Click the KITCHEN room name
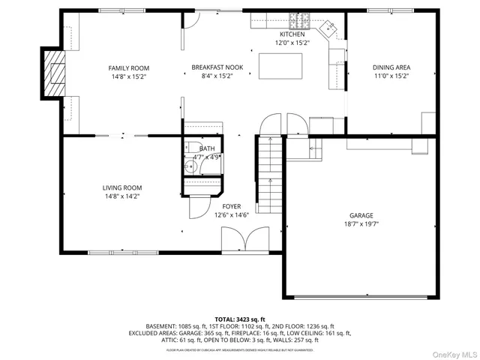click(x=292, y=35)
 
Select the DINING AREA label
click(x=391, y=67)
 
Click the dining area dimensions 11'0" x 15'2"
click(x=391, y=76)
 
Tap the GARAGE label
click(x=361, y=214)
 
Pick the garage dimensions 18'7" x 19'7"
click(x=361, y=223)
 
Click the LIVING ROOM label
click(x=121, y=187)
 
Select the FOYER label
click(x=231, y=205)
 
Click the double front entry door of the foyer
click(x=240, y=241)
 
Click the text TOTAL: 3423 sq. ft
click(x=240, y=319)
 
